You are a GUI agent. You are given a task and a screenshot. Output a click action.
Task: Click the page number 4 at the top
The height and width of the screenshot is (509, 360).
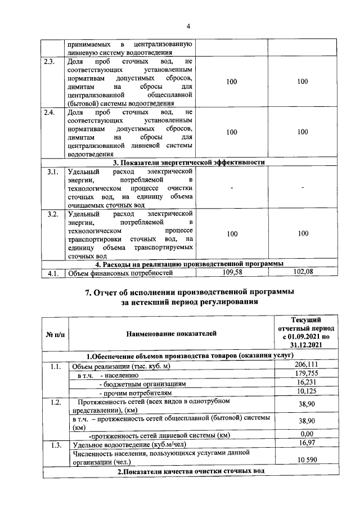(x=189, y=26)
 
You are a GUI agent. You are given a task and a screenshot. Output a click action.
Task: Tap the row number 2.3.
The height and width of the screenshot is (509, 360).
(x=49, y=62)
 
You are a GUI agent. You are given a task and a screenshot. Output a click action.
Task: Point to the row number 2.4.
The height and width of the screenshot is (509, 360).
(x=49, y=112)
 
